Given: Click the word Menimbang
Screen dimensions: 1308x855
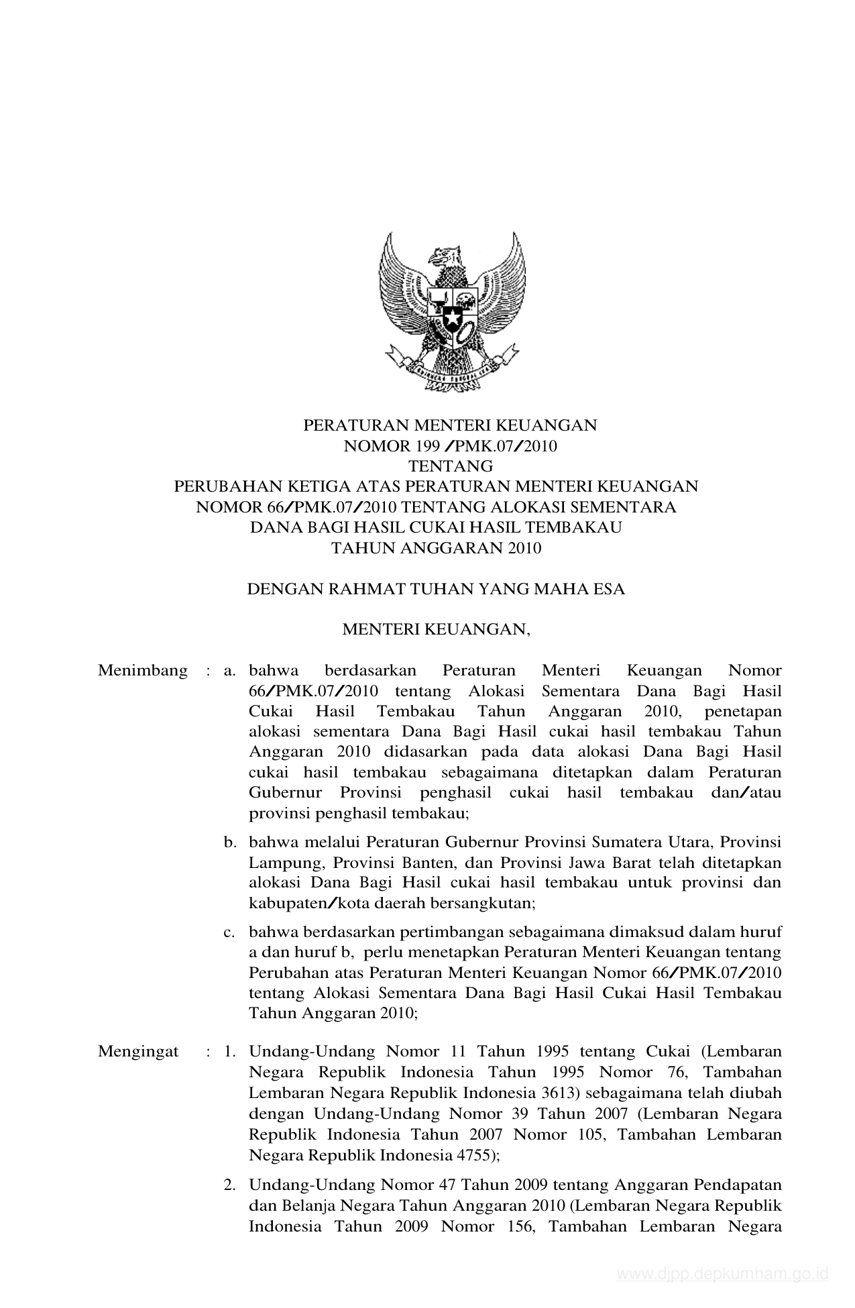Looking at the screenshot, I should pyautogui.click(x=142, y=671).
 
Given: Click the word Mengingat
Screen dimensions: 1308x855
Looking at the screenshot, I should pyautogui.click(x=138, y=1051).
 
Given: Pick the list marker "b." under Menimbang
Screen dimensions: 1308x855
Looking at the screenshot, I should pyautogui.click(x=231, y=842).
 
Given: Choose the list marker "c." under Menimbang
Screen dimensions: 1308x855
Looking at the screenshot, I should pyautogui.click(x=230, y=932).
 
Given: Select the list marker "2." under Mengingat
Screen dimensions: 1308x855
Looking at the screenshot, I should pyautogui.click(x=230, y=1185).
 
